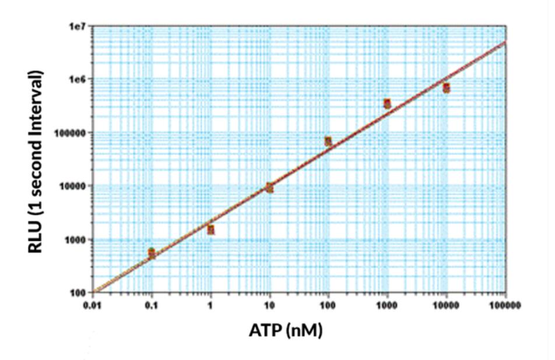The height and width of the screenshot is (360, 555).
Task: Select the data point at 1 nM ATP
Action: coord(210,230)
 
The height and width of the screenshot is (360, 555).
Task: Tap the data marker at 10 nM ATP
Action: coord(269,188)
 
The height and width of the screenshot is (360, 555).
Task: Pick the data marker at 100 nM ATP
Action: coord(328,142)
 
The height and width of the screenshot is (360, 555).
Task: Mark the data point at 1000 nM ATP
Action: coord(387,104)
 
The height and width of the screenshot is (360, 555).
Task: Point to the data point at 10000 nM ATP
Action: coord(446,88)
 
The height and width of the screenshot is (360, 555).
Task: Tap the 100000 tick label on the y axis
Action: coord(73,133)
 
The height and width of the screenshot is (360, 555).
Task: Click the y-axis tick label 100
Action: coord(80,292)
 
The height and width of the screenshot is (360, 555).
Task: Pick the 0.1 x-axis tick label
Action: coord(152,305)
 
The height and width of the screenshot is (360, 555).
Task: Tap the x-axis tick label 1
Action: coord(210,305)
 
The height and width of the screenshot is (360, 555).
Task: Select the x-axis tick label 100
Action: coord(328,305)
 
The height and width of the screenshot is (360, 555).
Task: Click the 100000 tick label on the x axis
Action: coord(505,305)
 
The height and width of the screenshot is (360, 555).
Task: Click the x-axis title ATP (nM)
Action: coord(286,330)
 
